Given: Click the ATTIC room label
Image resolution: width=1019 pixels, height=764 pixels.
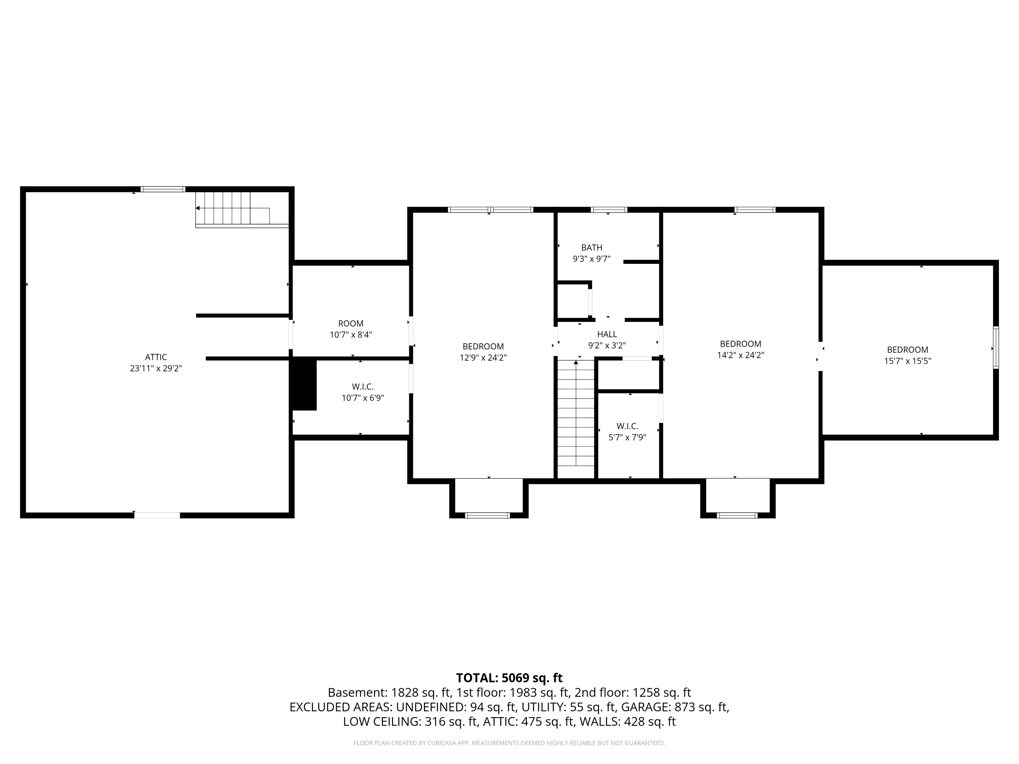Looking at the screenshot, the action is (156, 357).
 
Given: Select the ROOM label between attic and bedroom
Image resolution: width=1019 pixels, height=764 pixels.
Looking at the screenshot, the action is (351, 324).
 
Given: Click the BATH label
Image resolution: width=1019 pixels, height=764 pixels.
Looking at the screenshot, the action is (591, 248).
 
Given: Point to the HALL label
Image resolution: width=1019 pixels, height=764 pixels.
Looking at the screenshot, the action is (607, 334).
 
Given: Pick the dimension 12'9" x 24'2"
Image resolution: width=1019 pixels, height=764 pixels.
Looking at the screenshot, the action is (483, 358).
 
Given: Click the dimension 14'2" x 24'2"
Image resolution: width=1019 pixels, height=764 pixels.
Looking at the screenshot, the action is (741, 356).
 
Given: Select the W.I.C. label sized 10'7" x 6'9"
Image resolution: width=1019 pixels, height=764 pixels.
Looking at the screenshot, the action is (362, 387).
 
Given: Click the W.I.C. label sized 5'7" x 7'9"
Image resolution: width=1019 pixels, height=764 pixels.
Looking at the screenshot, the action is (627, 426).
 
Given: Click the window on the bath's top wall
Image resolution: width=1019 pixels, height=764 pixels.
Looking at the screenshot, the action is (609, 210).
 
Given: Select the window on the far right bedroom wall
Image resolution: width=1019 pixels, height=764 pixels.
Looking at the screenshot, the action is (996, 348).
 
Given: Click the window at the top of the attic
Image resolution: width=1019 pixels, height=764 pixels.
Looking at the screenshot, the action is (163, 189).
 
